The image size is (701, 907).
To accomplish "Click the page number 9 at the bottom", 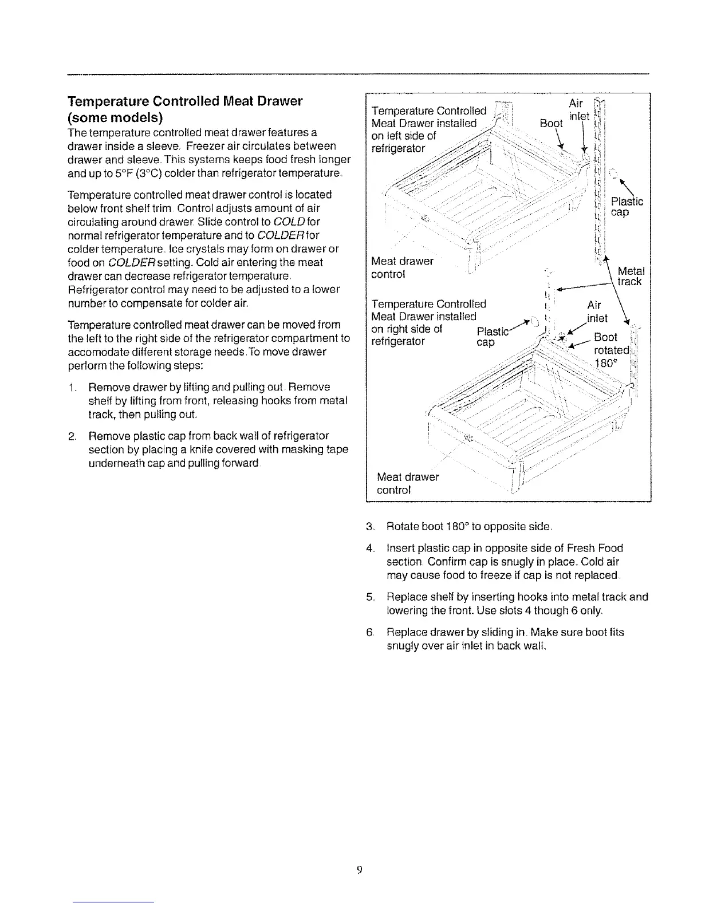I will coord(359,870).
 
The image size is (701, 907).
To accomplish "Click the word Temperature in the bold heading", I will coord(107,102).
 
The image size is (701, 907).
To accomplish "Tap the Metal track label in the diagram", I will coord(631,277).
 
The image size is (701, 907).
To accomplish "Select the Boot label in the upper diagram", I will coord(551,123).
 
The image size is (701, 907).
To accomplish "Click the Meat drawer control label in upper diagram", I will coord(402,267).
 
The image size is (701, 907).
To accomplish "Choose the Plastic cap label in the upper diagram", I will coord(626,207).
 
